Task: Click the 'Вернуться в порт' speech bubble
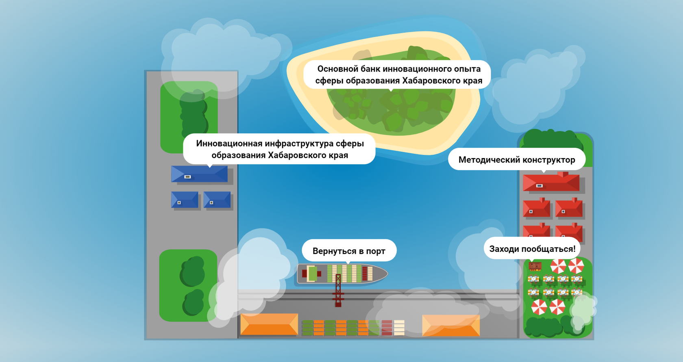pos(349,251)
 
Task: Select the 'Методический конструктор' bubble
pos(516,160)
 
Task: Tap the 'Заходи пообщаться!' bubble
pos(532,249)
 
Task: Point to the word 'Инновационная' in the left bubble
pos(229,143)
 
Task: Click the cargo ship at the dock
pos(342,273)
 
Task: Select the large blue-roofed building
pos(199,174)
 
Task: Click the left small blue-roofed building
pos(185,200)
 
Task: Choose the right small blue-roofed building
pos(217,200)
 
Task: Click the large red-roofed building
pos(551,182)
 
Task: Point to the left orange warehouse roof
pos(269,324)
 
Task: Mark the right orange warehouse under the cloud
pos(451,325)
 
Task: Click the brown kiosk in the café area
pos(535,267)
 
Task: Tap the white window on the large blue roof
pos(187,177)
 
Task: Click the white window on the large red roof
pos(539,186)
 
